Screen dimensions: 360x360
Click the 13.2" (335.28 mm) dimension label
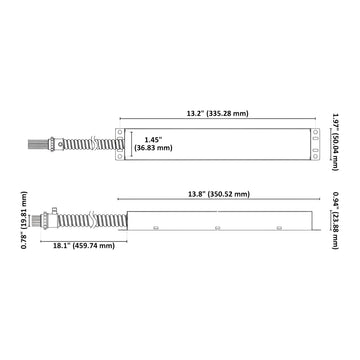[x=217, y=113]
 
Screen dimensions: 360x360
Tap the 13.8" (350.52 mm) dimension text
[x=218, y=194]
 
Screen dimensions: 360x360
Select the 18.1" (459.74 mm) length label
[x=84, y=246]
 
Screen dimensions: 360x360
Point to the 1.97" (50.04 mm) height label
[x=335, y=142]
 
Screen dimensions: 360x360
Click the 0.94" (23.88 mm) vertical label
[x=335, y=220]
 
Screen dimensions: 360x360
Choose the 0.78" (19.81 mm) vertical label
[x=24, y=220]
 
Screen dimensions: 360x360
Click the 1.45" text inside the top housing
[x=153, y=140]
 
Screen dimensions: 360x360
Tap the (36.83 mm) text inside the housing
[x=153, y=148]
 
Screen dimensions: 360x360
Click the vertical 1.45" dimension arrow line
[x=132, y=144]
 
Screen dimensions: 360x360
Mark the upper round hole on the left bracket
[x=120, y=132]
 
